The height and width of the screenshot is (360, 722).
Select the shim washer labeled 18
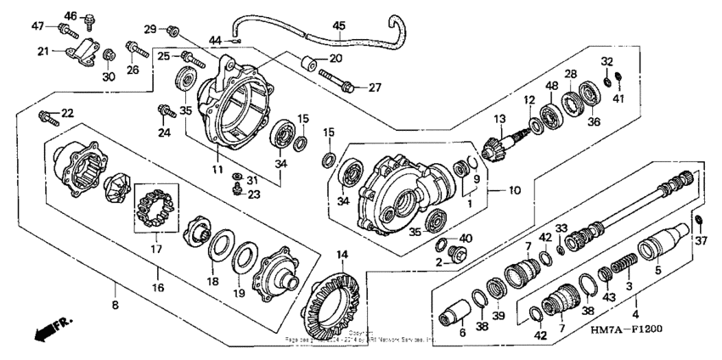click(219, 246)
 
